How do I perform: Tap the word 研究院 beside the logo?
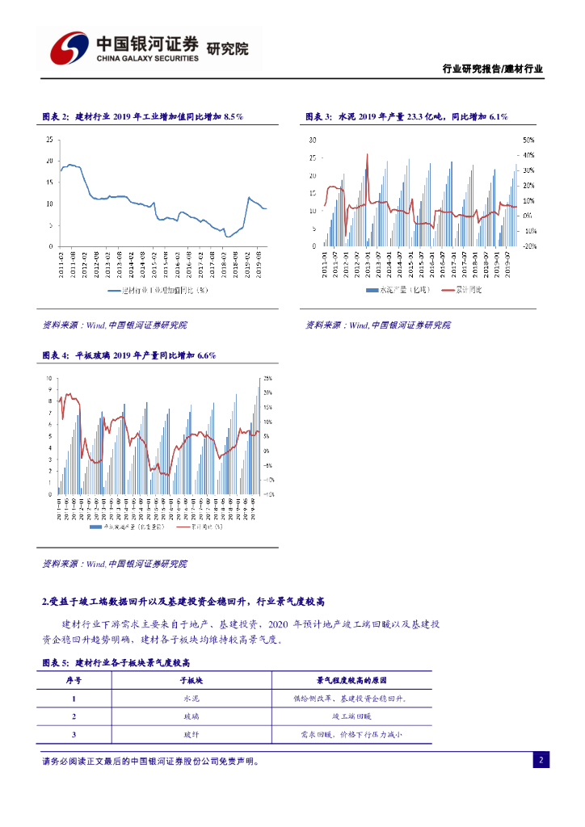(228, 48)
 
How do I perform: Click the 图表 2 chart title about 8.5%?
(142, 117)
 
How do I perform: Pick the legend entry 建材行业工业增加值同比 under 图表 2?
(158, 289)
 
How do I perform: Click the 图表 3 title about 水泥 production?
(406, 117)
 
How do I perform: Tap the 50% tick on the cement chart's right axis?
(529, 139)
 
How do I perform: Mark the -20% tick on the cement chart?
(530, 246)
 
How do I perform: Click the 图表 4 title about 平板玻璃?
(128, 355)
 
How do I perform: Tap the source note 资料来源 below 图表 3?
(377, 325)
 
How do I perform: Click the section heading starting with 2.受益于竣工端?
(183, 602)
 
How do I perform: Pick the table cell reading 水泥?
(191, 699)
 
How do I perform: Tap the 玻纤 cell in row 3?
(191, 734)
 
